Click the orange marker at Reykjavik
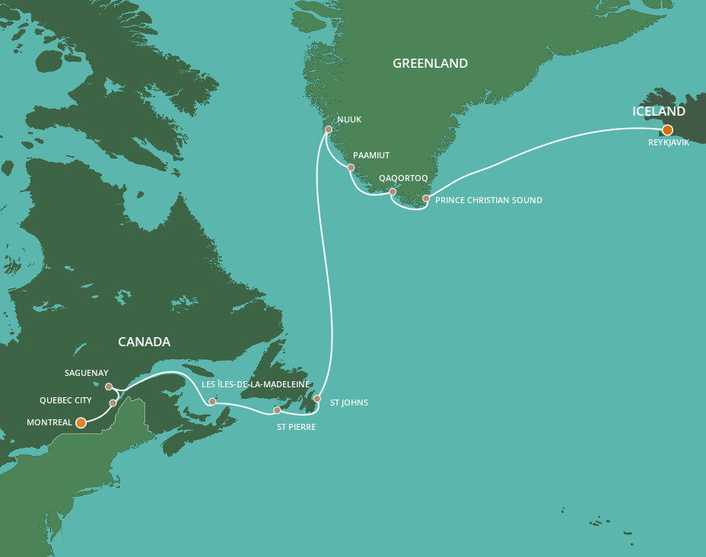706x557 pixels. (667, 130)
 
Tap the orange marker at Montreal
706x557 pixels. (81, 422)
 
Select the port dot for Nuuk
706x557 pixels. (328, 129)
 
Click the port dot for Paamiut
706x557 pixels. (351, 167)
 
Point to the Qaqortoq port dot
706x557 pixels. (393, 192)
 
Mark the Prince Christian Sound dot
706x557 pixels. (426, 199)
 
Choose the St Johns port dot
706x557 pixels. (317, 399)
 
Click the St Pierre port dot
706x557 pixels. (277, 411)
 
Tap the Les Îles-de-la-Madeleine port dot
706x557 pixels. (213, 401)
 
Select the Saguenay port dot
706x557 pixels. (109, 387)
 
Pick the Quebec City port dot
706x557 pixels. (113, 403)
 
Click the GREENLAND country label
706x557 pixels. (430, 64)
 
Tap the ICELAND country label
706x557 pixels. (659, 112)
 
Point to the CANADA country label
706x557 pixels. (144, 342)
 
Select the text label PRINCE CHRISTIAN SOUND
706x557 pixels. (488, 201)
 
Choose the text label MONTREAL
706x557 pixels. (49, 422)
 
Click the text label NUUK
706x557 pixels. (348, 119)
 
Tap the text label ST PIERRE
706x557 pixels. (295, 427)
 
